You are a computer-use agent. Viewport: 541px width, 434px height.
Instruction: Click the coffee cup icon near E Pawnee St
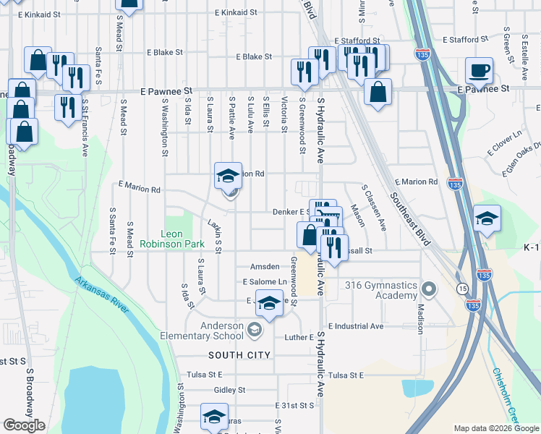coord(479,72)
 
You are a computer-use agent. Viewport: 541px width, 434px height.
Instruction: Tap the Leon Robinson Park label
coord(182,239)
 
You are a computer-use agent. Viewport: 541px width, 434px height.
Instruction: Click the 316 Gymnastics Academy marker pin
coord(429,290)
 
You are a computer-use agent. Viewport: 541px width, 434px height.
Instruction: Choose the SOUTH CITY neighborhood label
coord(239,355)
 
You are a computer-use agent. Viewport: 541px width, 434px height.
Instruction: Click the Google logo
coord(24,425)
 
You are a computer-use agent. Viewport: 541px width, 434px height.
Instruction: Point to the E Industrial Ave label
coord(355,326)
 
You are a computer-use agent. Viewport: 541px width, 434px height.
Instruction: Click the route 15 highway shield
coord(461,289)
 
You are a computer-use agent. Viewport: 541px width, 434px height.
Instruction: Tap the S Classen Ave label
coord(374,207)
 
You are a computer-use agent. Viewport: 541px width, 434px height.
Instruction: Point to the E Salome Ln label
coord(265,282)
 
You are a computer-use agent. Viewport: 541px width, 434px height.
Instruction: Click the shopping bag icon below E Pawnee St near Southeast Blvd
coord(378,93)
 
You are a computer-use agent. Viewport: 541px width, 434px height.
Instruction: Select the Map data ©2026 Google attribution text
coord(495,428)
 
